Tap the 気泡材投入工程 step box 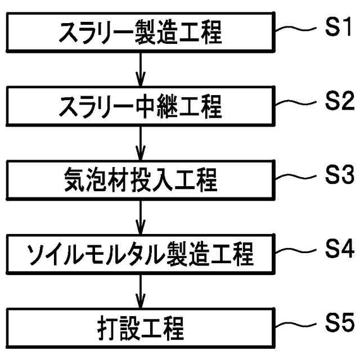(140, 181)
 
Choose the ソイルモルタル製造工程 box (140, 255)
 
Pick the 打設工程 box (140, 328)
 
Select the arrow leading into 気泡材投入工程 (140, 144)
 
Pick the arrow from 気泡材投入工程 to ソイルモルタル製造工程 (140, 218)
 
